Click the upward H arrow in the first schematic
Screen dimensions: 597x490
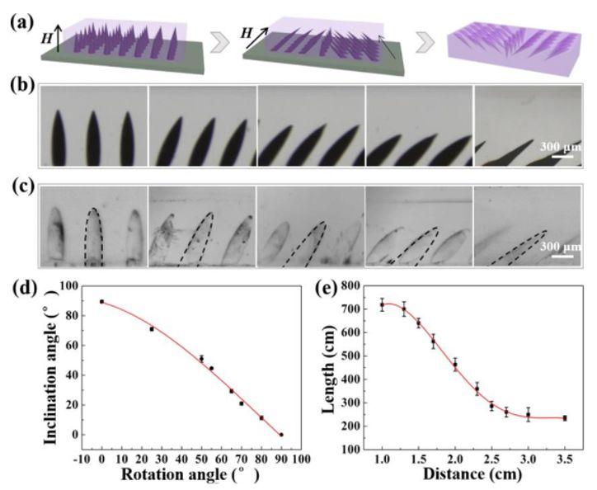click(x=58, y=37)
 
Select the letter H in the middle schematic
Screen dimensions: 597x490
click(x=247, y=34)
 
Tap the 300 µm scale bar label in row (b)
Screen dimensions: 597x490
click(x=561, y=147)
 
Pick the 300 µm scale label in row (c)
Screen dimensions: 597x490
click(x=561, y=246)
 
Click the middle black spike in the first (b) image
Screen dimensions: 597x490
click(x=94, y=138)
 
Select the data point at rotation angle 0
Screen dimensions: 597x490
click(x=101, y=301)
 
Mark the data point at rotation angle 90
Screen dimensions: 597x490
click(x=281, y=435)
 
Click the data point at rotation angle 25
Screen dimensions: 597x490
click(x=152, y=329)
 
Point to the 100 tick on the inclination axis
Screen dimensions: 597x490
click(x=70, y=285)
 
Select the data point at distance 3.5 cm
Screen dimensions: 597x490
click(x=565, y=418)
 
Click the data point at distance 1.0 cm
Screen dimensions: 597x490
click(x=382, y=305)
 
